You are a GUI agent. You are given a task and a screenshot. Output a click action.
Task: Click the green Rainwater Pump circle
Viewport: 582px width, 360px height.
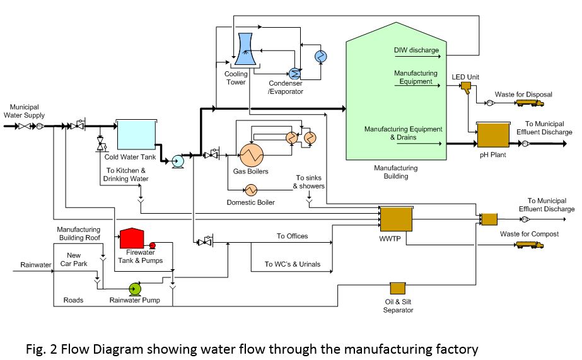tap(134, 289)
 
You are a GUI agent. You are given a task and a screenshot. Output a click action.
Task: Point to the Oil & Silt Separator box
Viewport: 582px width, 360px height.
tap(398, 288)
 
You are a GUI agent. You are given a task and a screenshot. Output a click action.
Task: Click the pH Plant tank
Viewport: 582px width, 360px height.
tap(493, 135)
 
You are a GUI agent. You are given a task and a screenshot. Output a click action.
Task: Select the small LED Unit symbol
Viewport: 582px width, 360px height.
tap(466, 86)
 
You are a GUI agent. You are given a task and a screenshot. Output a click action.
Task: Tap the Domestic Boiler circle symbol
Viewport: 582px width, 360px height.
tap(251, 189)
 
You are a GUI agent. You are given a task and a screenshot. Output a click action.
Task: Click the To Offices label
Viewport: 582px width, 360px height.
tap(292, 236)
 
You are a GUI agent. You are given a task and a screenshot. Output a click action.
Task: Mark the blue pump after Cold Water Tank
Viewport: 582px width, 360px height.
tap(177, 161)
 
